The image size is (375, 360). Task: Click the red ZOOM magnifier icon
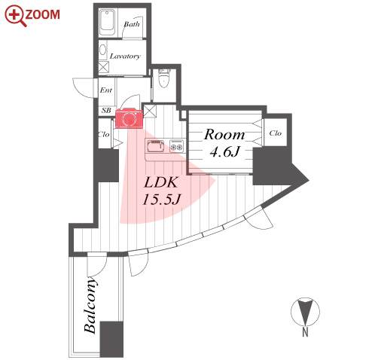pyautogui.click(x=15, y=16)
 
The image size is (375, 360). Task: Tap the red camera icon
pyautogui.click(x=129, y=118)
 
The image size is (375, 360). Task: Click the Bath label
pyautogui.click(x=132, y=24)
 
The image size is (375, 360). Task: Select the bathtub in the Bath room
pyautogui.click(x=108, y=23)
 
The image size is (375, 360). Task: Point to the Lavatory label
pyautogui.click(x=125, y=56)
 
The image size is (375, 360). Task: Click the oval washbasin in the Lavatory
pyautogui.click(x=102, y=50)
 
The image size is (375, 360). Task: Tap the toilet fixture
pyautogui.click(x=164, y=78)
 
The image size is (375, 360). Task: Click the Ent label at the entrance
pyautogui.click(x=106, y=90)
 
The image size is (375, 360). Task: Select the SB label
pyautogui.click(x=106, y=110)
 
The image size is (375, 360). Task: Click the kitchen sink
pyautogui.click(x=155, y=146)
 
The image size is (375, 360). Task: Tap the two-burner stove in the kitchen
pyautogui.click(x=176, y=146)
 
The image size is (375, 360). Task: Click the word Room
pyautogui.click(x=224, y=135)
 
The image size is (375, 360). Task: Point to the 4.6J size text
pyautogui.click(x=224, y=151)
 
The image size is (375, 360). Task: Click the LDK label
pyautogui.click(x=160, y=182)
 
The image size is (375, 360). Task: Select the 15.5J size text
pyautogui.click(x=160, y=200)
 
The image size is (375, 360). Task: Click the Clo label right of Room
pyautogui.click(x=276, y=133)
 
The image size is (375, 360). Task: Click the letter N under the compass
pyautogui.click(x=305, y=332)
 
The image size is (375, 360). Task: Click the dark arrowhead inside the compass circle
pyautogui.click(x=305, y=312)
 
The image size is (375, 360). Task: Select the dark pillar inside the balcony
pyautogui.click(x=111, y=339)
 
